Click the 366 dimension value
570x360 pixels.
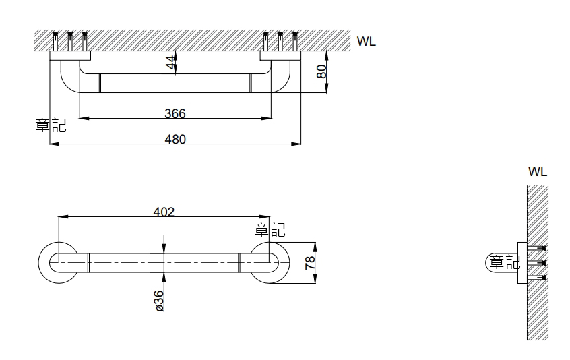175,113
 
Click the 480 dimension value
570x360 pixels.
175,140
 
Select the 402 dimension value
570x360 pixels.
164,212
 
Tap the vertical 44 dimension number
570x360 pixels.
171,62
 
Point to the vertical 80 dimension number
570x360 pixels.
321,71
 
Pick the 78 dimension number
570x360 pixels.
310,262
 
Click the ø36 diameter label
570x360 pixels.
159,301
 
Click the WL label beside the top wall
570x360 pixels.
366,41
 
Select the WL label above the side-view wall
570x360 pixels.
538,171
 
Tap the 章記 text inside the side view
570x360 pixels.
505,262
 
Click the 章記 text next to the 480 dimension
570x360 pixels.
51,125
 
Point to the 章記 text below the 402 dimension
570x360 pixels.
270,230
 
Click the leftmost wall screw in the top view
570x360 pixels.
55,42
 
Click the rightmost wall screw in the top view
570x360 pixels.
295,42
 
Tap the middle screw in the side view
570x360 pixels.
537,263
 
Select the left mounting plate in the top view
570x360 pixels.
70,56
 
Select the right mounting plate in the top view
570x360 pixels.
281,56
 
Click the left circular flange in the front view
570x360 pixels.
58,262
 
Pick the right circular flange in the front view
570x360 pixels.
270,262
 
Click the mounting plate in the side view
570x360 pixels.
522,263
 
